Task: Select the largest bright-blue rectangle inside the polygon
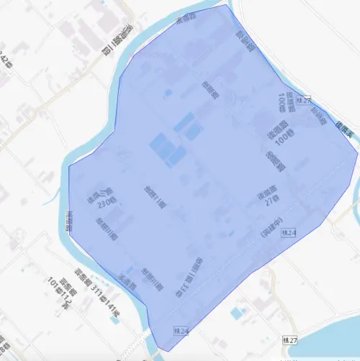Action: tap(163, 150)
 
